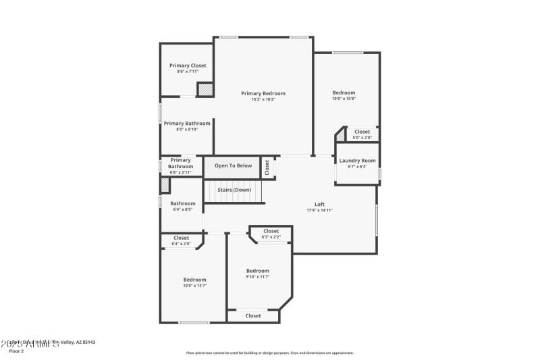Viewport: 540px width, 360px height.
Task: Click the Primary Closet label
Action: (188, 66)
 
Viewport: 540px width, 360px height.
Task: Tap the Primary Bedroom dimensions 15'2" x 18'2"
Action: (263, 99)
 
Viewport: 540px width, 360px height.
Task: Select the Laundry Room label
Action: (357, 160)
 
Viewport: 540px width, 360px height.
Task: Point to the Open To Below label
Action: (233, 165)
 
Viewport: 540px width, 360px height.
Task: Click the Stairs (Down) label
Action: (234, 190)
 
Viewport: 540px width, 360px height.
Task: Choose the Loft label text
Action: (319, 204)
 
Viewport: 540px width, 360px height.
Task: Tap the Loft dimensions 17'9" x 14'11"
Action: (319, 210)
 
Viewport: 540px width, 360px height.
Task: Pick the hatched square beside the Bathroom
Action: (164, 186)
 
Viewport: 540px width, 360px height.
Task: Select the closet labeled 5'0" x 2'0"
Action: (362, 134)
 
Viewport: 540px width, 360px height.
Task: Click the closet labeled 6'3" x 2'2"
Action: (271, 234)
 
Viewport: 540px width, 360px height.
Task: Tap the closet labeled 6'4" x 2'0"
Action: (181, 240)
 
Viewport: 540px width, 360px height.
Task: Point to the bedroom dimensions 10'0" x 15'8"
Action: (344, 99)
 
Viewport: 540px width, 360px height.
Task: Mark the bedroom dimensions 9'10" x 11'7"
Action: (257, 277)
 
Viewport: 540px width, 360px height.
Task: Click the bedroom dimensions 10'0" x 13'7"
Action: (194, 286)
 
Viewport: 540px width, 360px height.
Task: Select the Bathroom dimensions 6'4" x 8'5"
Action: (182, 209)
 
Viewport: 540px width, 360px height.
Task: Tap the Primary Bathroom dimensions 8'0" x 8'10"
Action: (187, 130)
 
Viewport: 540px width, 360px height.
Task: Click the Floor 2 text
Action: (16, 351)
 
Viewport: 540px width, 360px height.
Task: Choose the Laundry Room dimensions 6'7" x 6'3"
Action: (357, 166)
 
